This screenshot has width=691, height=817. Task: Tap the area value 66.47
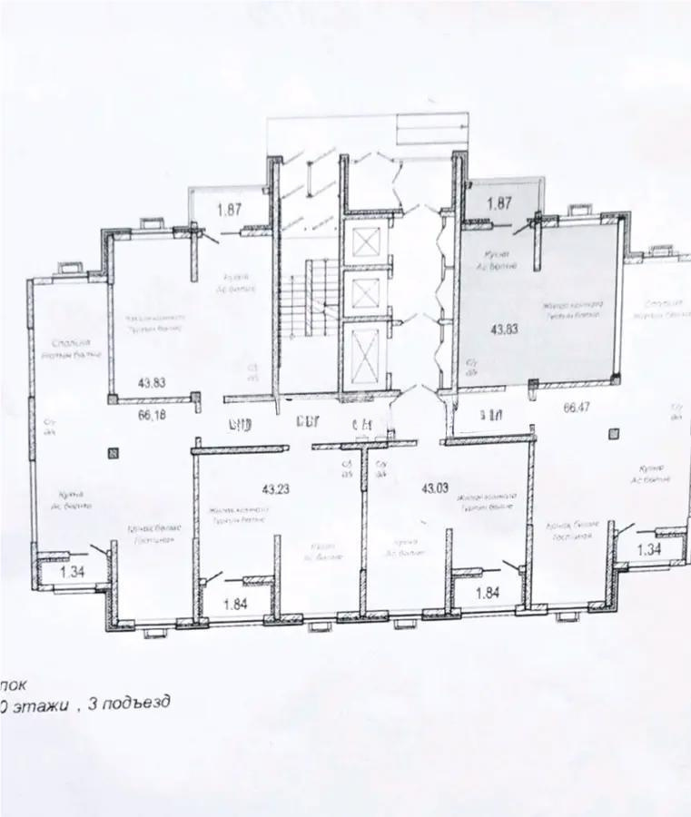tap(577, 408)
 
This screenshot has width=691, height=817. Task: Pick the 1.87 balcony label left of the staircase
tap(232, 211)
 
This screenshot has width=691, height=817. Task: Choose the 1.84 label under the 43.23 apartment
tap(237, 603)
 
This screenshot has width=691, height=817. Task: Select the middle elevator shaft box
tap(368, 293)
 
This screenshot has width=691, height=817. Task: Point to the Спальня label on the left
tap(74, 343)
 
